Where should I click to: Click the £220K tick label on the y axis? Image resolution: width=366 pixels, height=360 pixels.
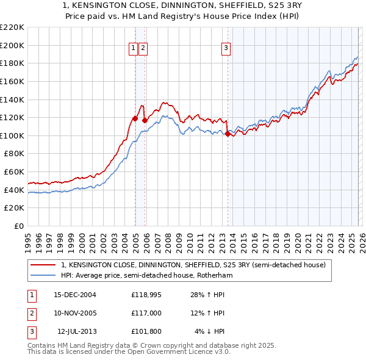(x=12, y=27)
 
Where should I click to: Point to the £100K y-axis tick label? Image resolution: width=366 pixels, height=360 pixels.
(x=12, y=135)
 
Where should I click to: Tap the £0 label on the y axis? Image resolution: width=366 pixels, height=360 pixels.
(x=19, y=226)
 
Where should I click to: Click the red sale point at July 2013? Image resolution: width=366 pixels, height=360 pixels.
(x=228, y=134)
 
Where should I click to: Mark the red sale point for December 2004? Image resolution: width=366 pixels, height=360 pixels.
(x=135, y=118)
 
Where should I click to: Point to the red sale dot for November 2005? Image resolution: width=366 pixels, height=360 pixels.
(x=145, y=120)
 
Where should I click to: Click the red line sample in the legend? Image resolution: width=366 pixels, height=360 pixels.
(x=44, y=265)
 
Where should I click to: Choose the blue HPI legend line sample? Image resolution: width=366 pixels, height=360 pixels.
(x=44, y=276)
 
